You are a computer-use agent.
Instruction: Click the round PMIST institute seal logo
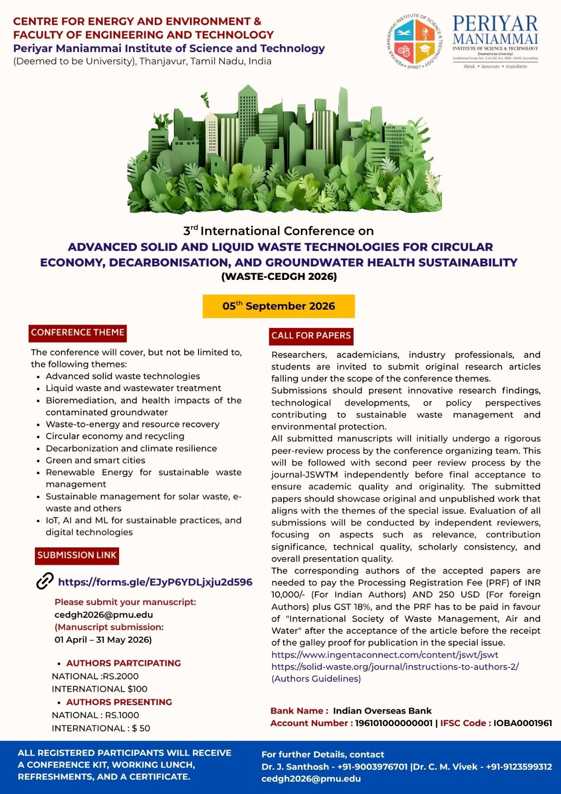click(x=414, y=42)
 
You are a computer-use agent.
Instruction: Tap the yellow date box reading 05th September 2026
click(x=279, y=306)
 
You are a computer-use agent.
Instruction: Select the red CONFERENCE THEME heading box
click(x=78, y=332)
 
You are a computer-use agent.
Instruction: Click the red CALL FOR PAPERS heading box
click(x=311, y=335)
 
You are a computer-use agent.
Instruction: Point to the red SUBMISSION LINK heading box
click(x=77, y=555)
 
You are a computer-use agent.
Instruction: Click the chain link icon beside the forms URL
click(x=45, y=581)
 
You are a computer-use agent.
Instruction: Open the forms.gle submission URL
click(x=155, y=582)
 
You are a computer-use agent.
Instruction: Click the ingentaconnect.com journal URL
click(x=384, y=655)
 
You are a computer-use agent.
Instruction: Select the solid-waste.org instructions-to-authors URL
click(x=395, y=666)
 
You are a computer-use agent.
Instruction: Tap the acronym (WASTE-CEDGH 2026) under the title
click(x=279, y=276)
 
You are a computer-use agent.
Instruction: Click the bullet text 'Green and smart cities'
click(x=95, y=460)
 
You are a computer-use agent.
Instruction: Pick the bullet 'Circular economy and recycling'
click(x=115, y=436)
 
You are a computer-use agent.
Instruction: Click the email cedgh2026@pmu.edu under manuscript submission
click(x=104, y=614)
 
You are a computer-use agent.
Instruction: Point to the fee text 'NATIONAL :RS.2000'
click(x=95, y=676)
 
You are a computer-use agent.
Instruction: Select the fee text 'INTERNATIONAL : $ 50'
click(x=101, y=728)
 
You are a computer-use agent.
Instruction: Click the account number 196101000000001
click(x=393, y=723)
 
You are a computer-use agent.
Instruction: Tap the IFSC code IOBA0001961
click(x=522, y=723)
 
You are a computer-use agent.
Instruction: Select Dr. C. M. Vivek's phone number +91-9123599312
click(x=519, y=767)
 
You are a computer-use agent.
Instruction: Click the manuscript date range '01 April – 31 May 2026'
click(x=103, y=640)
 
